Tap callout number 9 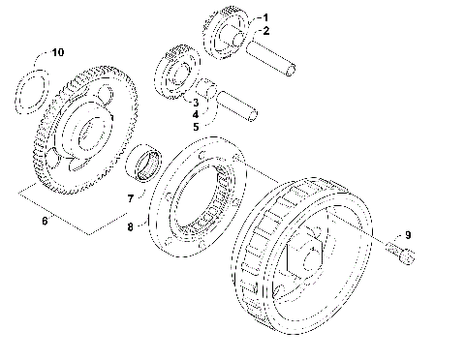[x=409, y=234]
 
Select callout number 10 [x=57, y=50]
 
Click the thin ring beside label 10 [x=33, y=83]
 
